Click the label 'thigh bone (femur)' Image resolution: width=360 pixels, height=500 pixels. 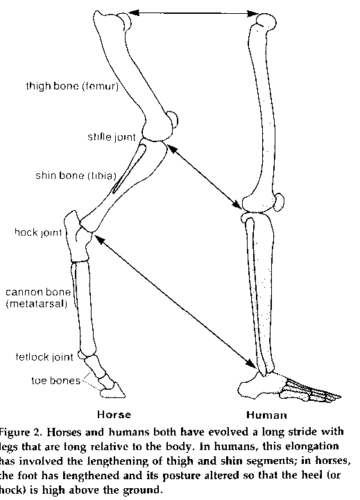(x=72, y=86)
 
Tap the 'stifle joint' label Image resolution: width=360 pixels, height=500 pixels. (x=112, y=137)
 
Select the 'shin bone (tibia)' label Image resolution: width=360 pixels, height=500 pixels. (x=76, y=175)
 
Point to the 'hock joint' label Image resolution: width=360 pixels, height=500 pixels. (x=38, y=232)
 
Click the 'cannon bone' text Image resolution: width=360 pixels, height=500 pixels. (x=38, y=292)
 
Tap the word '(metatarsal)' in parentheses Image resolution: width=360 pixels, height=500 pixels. (x=37, y=304)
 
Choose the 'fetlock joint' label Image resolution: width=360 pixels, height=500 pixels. (x=44, y=356)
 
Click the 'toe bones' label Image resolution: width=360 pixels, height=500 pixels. (x=55, y=381)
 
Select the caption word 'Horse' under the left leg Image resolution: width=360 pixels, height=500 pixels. (x=114, y=415)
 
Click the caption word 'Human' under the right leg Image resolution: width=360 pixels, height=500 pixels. (x=266, y=415)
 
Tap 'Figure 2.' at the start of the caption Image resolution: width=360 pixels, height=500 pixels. (x=22, y=432)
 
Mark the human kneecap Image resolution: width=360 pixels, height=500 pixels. (x=279, y=202)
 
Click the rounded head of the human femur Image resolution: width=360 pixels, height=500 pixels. (x=266, y=21)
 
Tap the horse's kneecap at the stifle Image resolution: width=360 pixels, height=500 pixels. (x=173, y=121)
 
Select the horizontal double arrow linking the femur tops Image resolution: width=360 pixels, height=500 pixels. (x=194, y=13)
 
